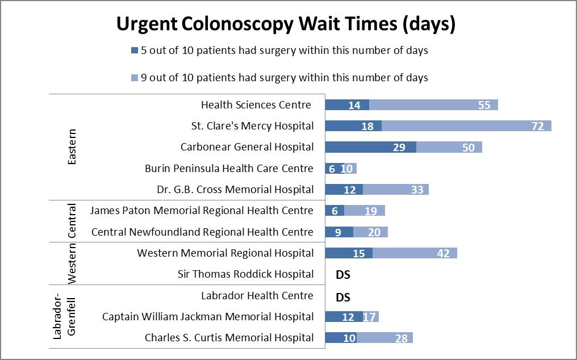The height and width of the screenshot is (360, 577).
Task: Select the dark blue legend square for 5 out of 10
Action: [135, 51]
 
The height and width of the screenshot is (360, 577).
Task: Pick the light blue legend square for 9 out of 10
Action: [135, 77]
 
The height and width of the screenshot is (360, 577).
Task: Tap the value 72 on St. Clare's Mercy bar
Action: [538, 126]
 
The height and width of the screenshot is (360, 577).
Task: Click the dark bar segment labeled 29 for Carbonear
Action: [370, 147]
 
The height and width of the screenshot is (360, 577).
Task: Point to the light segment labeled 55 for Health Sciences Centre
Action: [433, 105]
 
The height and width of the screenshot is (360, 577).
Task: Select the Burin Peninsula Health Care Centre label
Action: [229, 168]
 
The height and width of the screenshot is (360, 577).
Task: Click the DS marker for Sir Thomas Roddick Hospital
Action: [343, 274]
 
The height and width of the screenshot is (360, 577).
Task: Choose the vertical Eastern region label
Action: [72, 147]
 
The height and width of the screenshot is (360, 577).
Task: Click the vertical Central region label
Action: [72, 221]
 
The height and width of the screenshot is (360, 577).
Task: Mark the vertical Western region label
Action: [72, 263]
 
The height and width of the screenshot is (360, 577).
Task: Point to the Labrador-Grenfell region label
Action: [64, 317]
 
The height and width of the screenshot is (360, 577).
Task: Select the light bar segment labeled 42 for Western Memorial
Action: [415, 253]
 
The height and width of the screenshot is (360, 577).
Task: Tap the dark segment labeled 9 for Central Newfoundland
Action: [338, 232]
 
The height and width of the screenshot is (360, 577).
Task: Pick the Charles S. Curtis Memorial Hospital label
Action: [229, 337]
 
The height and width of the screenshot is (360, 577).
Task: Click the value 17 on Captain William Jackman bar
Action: [370, 317]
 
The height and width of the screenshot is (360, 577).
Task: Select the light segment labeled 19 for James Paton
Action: [364, 211]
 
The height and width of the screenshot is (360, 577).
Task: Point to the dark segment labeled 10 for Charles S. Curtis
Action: [341, 338]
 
